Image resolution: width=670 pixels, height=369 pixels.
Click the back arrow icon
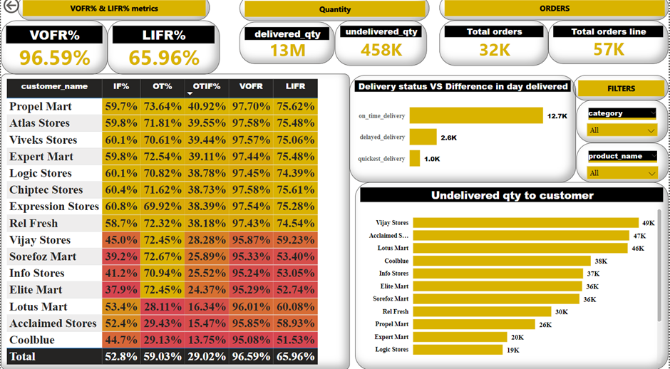coord(9,9)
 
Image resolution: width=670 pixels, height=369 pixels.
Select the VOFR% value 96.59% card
coord(54,58)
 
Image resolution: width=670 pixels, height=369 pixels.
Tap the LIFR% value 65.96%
coord(164,58)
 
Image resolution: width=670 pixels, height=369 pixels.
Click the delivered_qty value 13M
coord(287,51)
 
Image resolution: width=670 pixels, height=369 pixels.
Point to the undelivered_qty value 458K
coord(381,51)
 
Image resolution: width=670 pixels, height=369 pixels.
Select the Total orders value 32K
coord(494,49)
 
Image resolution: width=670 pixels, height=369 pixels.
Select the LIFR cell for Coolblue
coord(294,340)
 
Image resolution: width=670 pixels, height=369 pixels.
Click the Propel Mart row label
coord(40,106)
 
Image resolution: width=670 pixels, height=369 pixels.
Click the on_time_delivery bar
coord(475,115)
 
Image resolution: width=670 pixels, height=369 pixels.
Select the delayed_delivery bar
coord(423,137)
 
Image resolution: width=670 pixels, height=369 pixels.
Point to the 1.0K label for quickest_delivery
coord(432,159)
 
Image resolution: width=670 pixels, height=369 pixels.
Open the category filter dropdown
coord(621,130)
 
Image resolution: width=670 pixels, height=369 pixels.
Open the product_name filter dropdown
coord(621,173)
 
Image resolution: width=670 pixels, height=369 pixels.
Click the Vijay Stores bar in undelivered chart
coord(525,223)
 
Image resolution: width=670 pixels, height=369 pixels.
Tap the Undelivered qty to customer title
coord(512,195)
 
